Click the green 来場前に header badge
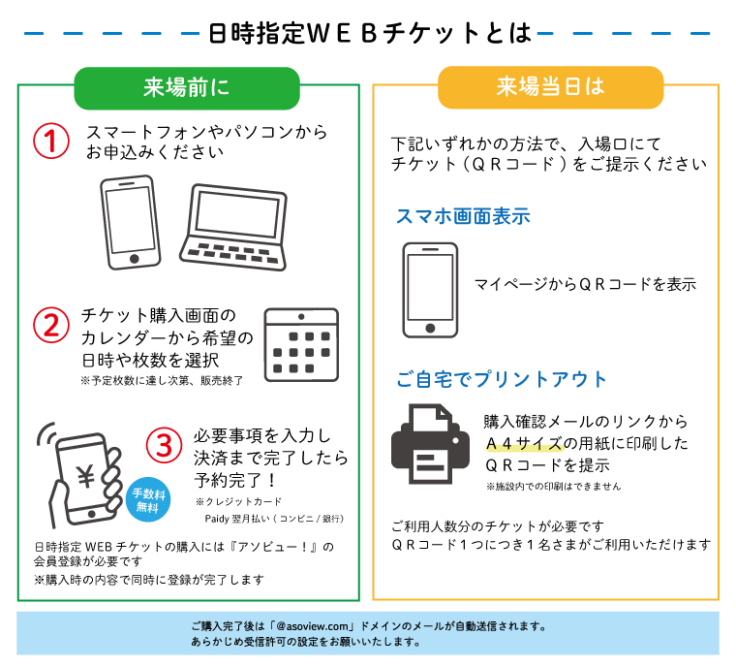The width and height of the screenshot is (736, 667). [x=187, y=88]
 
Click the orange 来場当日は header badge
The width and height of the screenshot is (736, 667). [x=551, y=87]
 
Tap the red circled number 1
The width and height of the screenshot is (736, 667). [x=51, y=141]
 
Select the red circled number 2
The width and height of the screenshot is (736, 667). [x=51, y=326]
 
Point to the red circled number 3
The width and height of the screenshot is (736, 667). [x=164, y=445]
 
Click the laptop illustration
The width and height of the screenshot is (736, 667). [x=233, y=227]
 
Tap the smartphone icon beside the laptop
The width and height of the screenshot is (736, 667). [x=131, y=222]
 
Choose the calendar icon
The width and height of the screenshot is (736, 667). [x=301, y=344]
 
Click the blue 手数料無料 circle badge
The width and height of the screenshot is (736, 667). [x=148, y=499]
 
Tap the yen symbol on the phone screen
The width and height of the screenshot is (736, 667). [x=86, y=477]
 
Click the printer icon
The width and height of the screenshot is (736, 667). [x=430, y=444]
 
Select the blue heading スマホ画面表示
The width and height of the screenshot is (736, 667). [x=463, y=216]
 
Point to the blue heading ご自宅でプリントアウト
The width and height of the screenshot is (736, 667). [x=502, y=379]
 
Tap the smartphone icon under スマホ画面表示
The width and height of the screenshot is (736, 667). [x=430, y=290]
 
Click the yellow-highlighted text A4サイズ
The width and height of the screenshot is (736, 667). [x=524, y=443]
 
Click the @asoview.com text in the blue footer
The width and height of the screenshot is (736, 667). [x=313, y=626]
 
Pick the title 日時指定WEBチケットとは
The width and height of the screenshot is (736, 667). [x=369, y=33]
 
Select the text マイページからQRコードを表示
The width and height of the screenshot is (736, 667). [x=585, y=284]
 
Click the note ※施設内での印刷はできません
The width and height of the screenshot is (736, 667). [x=553, y=487]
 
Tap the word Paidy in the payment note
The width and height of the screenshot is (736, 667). [x=217, y=519]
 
